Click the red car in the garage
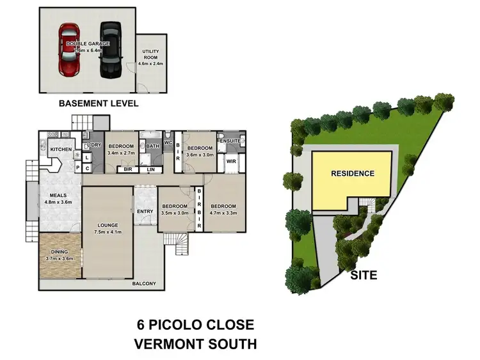click(x=68, y=50)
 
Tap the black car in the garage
click(x=109, y=49)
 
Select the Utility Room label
click(x=151, y=54)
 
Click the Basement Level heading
click(x=99, y=103)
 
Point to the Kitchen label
click(x=61, y=150)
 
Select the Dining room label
click(x=59, y=252)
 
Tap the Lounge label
click(x=107, y=225)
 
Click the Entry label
click(x=145, y=212)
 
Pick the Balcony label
click(x=144, y=283)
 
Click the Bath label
click(x=152, y=146)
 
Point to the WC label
click(x=168, y=143)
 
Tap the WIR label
click(x=230, y=162)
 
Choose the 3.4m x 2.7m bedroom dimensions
click(x=121, y=153)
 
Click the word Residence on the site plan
click(x=353, y=173)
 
